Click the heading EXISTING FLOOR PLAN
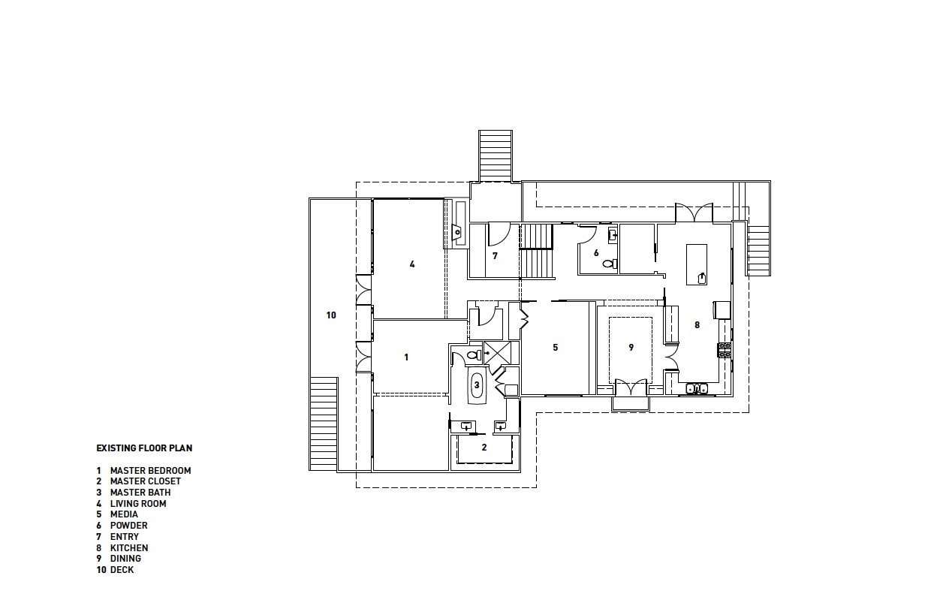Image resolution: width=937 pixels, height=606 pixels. pyautogui.click(x=144, y=448)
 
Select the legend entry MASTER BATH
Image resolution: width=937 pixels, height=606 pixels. pyautogui.click(x=140, y=493)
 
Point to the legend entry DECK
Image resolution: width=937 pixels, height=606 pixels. pyautogui.click(x=122, y=570)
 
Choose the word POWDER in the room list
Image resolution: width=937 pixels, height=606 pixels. pyautogui.click(x=128, y=526)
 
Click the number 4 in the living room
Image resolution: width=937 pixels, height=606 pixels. pyautogui.click(x=412, y=264)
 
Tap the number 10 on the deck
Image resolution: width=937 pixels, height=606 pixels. pyautogui.click(x=331, y=315)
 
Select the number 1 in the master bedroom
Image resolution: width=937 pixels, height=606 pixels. pyautogui.click(x=406, y=357)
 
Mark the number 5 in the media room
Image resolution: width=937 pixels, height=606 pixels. pyautogui.click(x=556, y=348)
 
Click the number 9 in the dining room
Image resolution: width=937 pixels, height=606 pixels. pyautogui.click(x=631, y=348)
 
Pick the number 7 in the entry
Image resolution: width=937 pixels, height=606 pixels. pyautogui.click(x=495, y=256)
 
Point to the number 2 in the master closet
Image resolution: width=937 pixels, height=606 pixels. pyautogui.click(x=484, y=447)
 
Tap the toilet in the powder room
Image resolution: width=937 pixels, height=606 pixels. pyautogui.click(x=607, y=264)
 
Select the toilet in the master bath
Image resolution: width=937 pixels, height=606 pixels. pyautogui.click(x=472, y=354)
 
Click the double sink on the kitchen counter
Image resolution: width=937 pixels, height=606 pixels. pyautogui.click(x=696, y=388)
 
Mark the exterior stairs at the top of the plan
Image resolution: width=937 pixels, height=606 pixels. pyautogui.click(x=496, y=155)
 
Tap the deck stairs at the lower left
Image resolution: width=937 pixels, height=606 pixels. pyautogui.click(x=324, y=424)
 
